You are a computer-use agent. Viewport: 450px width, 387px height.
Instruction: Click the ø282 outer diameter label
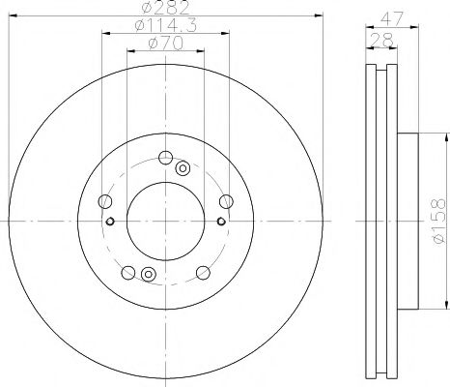(x=165, y=7)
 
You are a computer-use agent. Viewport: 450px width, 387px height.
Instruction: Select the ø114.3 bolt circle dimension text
(x=165, y=25)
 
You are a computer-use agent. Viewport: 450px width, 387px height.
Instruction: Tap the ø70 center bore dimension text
(x=165, y=44)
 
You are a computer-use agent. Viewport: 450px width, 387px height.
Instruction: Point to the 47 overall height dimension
(x=392, y=18)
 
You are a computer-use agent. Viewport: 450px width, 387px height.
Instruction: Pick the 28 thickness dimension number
(x=382, y=40)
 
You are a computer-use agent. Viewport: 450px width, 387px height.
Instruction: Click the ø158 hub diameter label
(x=439, y=221)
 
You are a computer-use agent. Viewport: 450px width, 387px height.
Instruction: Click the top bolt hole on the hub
(x=165, y=158)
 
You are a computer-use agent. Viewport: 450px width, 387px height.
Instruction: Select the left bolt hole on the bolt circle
(x=104, y=201)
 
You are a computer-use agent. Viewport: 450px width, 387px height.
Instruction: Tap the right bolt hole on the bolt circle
(x=226, y=201)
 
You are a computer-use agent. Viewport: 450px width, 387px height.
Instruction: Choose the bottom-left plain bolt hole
(x=128, y=273)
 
